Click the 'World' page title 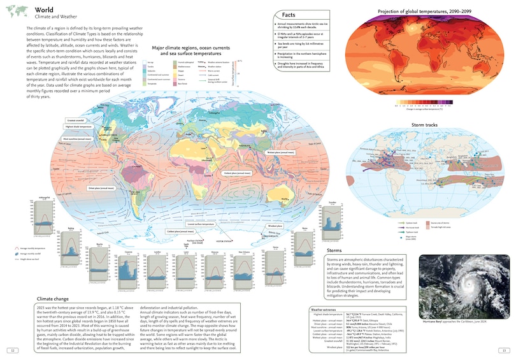coord(45,10)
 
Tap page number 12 coord(11,349)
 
